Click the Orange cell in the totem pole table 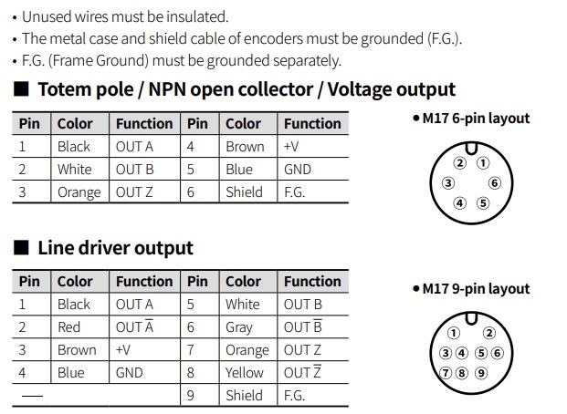[79, 192]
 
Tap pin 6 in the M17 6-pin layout [495, 182]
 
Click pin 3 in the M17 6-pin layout [448, 183]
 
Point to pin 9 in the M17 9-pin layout [481, 372]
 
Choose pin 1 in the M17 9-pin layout [454, 333]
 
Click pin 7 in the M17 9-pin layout [446, 372]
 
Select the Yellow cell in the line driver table [245, 372]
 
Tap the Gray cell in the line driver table [239, 327]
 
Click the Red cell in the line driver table [68, 327]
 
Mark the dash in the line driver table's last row [32, 396]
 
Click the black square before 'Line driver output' [21, 248]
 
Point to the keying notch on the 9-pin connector [471, 318]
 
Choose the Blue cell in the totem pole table [239, 170]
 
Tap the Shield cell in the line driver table [244, 396]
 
